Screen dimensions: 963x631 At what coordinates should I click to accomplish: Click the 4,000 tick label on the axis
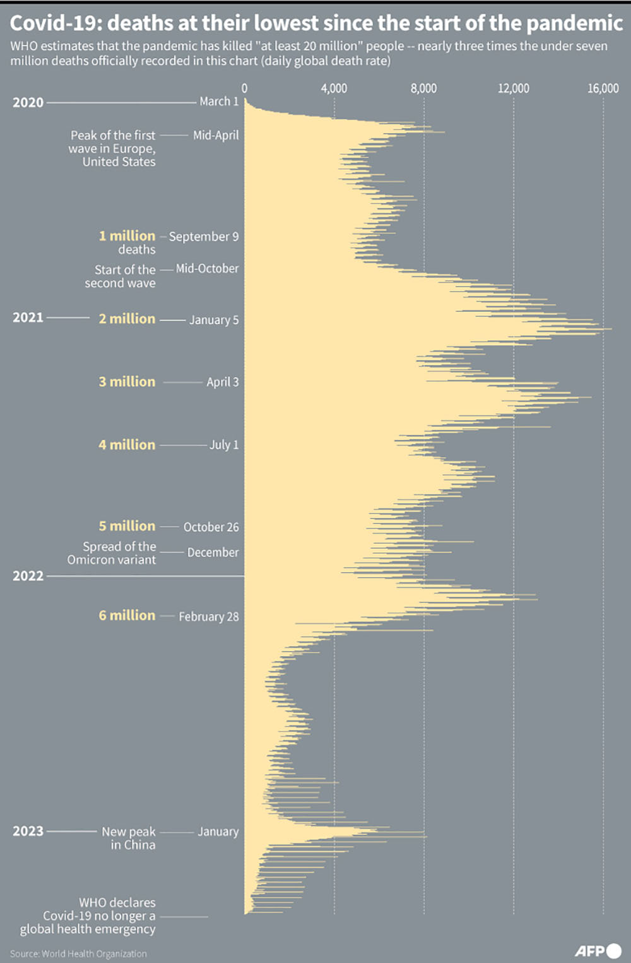click(x=334, y=88)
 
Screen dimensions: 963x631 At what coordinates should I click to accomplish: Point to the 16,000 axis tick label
click(x=603, y=88)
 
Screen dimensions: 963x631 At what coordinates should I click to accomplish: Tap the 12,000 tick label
click(x=513, y=88)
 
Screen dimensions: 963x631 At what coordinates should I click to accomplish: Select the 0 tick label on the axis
click(x=244, y=88)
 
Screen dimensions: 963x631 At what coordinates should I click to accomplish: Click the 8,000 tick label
click(x=423, y=88)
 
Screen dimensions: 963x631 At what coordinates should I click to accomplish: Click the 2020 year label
click(x=28, y=102)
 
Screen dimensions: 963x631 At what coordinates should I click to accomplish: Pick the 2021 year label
click(x=28, y=318)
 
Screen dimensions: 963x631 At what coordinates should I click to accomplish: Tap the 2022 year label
click(x=28, y=576)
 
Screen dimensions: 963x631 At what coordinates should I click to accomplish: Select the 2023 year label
click(x=28, y=831)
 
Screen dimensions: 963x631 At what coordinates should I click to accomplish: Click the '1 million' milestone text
click(x=127, y=236)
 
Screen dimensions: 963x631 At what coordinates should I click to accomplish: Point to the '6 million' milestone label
click(x=127, y=616)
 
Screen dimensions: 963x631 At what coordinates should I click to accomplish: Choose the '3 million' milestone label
click(x=127, y=382)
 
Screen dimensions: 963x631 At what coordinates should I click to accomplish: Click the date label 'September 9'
click(x=204, y=237)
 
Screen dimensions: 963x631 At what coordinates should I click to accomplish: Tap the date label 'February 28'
click(x=209, y=617)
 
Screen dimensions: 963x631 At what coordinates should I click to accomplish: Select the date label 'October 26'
click(x=211, y=527)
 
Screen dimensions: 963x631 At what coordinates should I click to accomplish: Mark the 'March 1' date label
click(x=219, y=102)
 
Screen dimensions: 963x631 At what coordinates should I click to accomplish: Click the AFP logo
click(x=598, y=950)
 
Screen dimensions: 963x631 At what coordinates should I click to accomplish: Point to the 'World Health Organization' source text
click(x=94, y=954)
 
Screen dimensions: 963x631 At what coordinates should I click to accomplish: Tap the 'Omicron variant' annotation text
click(x=111, y=560)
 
